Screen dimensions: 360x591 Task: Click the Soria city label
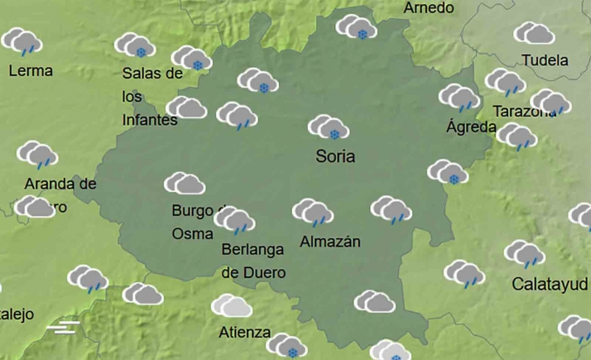(335, 156)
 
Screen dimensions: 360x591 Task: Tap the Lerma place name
(31, 70)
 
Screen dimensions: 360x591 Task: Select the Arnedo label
(429, 8)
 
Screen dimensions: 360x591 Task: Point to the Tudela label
(545, 60)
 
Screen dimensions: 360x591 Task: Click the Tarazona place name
(522, 112)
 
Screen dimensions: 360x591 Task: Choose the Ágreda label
(471, 127)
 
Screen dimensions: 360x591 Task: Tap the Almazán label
(330, 242)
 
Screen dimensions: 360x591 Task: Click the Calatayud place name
(550, 284)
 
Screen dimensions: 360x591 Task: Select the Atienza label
(245, 333)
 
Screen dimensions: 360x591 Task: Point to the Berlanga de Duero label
(253, 260)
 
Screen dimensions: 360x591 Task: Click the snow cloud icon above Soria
(329, 127)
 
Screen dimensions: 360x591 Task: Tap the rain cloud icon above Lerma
(22, 41)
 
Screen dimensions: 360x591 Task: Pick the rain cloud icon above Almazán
(313, 211)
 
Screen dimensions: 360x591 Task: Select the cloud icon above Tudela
(535, 33)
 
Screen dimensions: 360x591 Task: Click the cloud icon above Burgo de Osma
(184, 184)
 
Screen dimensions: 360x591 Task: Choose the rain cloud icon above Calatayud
(525, 253)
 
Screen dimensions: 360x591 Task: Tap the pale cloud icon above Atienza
(232, 306)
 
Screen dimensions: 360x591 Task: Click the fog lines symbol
(63, 327)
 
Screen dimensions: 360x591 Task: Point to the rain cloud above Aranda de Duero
(37, 154)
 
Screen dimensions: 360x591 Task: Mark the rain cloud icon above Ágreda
(459, 98)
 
